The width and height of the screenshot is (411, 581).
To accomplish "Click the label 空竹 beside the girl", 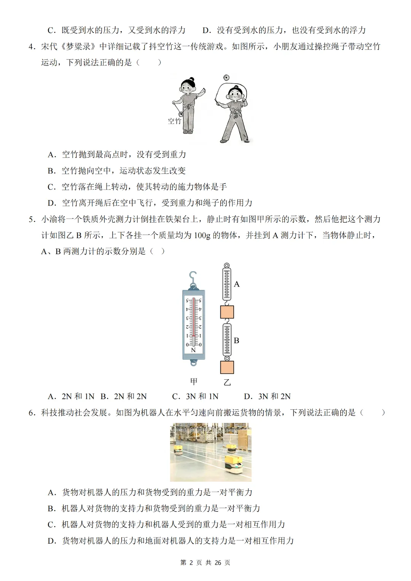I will tap(174, 121).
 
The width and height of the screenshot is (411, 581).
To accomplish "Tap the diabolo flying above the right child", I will tap(226, 78).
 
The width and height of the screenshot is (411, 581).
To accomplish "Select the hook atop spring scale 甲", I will tap(193, 278).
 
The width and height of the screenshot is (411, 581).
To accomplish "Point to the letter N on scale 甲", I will tap(193, 350).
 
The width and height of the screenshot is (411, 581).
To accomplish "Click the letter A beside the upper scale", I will tap(237, 284).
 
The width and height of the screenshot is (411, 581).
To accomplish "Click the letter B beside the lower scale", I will tap(236, 341).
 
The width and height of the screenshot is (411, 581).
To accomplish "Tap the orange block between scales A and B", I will tap(227, 312).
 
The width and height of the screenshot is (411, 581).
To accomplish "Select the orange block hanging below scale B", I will tap(227, 368).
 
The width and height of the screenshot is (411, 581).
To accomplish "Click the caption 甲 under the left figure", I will tap(194, 381).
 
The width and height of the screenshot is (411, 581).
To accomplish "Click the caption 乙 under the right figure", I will tap(227, 382).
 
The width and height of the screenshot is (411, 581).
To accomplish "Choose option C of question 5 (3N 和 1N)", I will tap(195, 396).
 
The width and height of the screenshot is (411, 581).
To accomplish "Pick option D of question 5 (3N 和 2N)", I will tap(267, 396).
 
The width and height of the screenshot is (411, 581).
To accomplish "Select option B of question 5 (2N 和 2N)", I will tap(124, 396).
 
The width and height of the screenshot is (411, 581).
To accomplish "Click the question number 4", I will tap(32, 47).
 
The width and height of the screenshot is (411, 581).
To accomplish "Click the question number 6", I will tap(32, 413).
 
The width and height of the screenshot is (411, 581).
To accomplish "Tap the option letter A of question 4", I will tap(52, 154).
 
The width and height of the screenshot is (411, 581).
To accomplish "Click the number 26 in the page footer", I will tap(218, 563).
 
